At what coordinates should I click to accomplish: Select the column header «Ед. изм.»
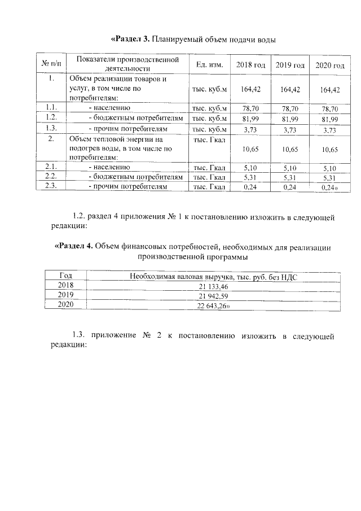209,65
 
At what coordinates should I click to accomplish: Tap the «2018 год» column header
250,65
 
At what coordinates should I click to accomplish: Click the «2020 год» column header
329,65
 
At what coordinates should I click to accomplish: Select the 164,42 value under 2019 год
290,89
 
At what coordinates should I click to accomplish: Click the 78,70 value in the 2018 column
250,108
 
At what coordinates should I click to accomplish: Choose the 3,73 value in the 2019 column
290,129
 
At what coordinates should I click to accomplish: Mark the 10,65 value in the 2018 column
250,149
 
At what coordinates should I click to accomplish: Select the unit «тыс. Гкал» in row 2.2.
209,177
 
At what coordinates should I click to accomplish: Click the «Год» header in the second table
65,276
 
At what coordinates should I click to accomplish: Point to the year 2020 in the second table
65,305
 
